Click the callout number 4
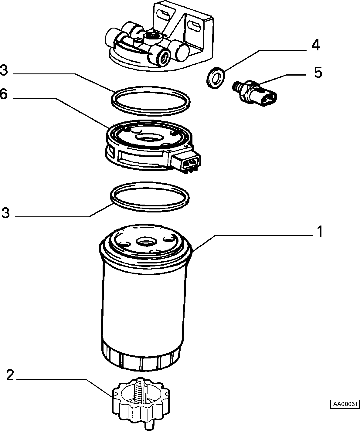(x=316, y=46)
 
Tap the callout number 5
(x=318, y=72)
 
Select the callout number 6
(x=4, y=94)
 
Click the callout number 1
(x=320, y=232)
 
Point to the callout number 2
(x=10, y=375)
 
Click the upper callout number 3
(x=4, y=70)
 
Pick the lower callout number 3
(x=5, y=213)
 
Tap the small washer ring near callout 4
(x=216, y=78)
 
